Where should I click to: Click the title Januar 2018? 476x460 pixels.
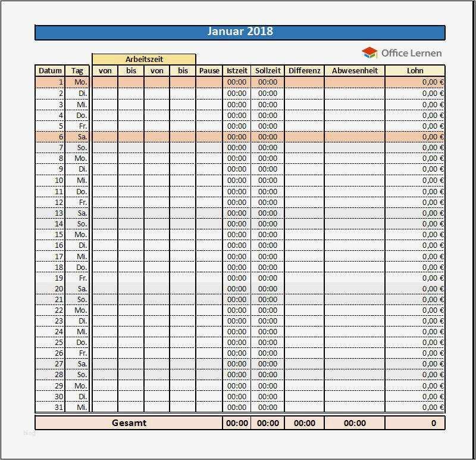coord(240,32)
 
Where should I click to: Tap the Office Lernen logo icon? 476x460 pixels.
coord(369,53)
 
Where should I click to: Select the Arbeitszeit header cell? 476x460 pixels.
coord(144,59)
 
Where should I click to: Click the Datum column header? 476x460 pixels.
coord(50,70)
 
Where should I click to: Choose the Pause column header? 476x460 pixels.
coord(209,70)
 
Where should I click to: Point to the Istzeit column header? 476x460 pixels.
coord(237,70)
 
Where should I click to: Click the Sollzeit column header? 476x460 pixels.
coord(268,70)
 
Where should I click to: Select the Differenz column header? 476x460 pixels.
coord(305,70)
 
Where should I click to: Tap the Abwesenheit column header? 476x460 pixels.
coord(355,70)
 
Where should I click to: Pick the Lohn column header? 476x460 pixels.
coord(415,70)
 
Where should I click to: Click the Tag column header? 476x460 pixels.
coord(77,70)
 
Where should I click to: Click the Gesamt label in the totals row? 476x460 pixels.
coord(129,423)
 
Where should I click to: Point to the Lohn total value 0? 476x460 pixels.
coord(433,423)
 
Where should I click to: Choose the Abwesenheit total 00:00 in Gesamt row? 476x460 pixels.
coord(355,423)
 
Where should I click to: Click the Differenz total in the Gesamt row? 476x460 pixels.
coord(305,423)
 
